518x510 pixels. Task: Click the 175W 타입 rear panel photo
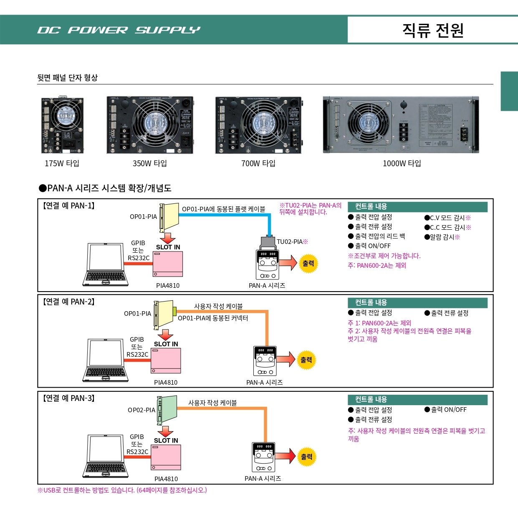click(62, 125)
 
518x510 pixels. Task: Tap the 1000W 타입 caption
click(402, 163)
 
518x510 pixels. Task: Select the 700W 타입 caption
click(258, 163)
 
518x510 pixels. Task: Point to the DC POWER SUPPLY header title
click(119, 30)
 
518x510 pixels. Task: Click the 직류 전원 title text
click(433, 30)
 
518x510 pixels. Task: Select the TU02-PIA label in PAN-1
click(292, 242)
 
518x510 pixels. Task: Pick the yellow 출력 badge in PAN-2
click(306, 360)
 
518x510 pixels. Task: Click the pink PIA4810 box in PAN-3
click(166, 457)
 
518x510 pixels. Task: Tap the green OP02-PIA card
click(168, 409)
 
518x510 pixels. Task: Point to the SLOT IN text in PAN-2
click(166, 344)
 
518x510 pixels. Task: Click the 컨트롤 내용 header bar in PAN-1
click(417, 207)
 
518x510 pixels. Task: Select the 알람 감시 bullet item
click(442, 237)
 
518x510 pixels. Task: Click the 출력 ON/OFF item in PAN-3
click(446, 410)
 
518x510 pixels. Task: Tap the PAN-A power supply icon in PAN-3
click(263, 457)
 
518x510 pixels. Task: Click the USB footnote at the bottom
click(122, 490)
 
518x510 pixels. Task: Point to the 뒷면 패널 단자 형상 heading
click(67, 78)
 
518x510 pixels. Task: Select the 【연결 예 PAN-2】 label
click(69, 302)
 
